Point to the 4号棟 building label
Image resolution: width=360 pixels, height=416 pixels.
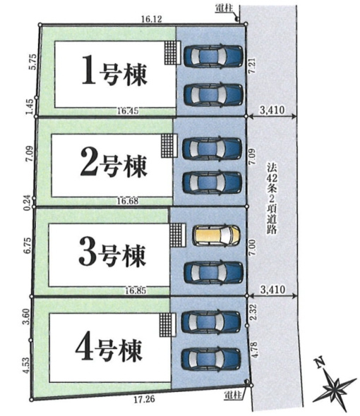point(110,347)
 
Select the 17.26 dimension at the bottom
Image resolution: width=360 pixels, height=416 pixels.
point(143,400)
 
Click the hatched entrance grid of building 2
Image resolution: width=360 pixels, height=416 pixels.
point(167,145)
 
